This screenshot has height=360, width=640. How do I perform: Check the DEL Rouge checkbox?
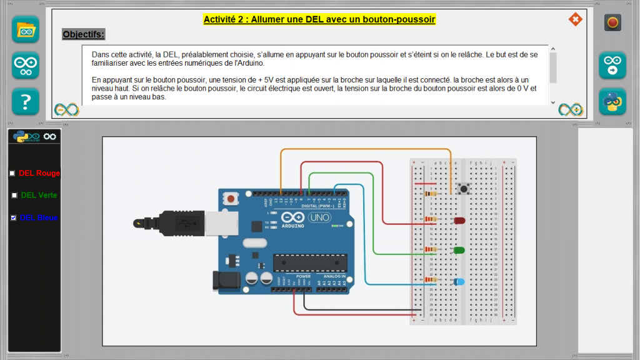point(12,173)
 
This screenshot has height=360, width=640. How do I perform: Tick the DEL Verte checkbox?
point(14,195)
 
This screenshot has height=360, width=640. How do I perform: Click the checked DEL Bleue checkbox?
point(14,217)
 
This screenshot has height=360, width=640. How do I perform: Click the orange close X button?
point(575,19)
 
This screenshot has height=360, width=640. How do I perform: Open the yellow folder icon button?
point(26,29)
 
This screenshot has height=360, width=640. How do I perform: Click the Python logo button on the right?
point(612,101)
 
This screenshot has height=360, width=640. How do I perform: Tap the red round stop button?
point(612,23)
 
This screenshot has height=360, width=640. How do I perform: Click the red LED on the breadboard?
point(459,221)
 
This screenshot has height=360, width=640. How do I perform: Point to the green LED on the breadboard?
point(459,251)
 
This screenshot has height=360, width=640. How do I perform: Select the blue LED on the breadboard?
point(459,282)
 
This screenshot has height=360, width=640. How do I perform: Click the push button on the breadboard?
point(464,188)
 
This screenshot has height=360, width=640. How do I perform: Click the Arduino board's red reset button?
point(231,199)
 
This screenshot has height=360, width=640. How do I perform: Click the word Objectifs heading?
point(84,34)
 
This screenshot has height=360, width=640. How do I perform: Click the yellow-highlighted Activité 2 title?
point(319,19)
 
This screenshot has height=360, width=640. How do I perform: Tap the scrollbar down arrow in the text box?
point(553,102)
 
